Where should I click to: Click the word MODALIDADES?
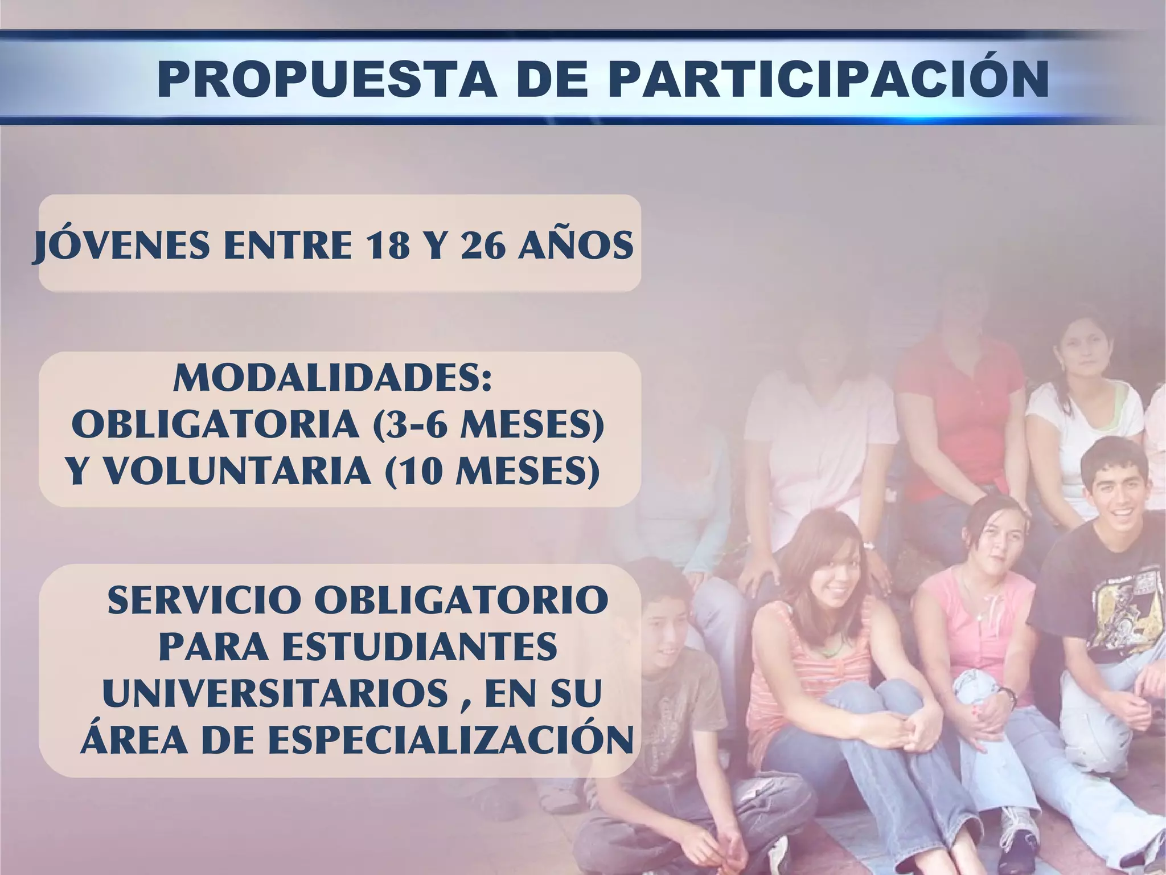(332, 378)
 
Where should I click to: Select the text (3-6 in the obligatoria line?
(410, 425)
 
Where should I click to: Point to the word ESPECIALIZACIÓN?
(450, 740)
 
